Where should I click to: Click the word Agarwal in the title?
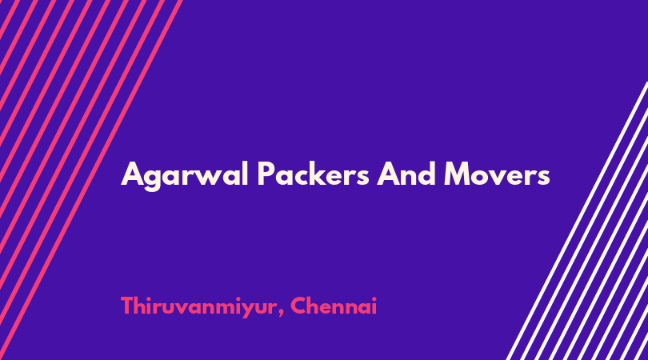tap(185, 176)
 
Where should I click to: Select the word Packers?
tap(313, 174)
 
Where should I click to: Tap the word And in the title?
tap(406, 174)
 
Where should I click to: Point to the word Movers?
tap(497, 174)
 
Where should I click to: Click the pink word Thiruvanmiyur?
tap(198, 307)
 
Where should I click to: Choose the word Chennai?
tap(334, 306)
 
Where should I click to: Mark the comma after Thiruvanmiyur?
tap(281, 314)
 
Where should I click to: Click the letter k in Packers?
tap(320, 174)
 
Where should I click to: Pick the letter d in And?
tap(426, 174)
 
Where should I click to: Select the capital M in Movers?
tap(458, 174)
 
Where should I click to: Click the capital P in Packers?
tap(266, 174)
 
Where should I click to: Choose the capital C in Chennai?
tap(298, 306)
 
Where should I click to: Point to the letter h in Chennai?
tap(316, 306)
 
